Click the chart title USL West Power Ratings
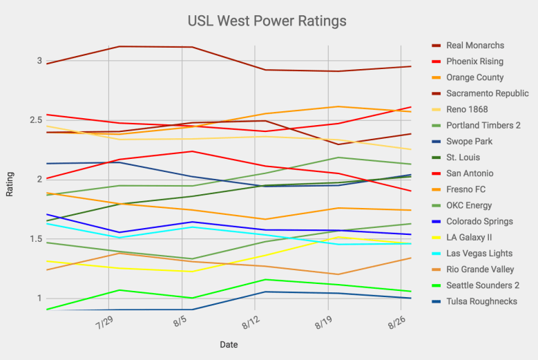point(267,21)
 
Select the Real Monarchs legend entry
point(475,46)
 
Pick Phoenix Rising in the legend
point(474,61)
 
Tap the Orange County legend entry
point(474,77)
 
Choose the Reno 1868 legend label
point(467,109)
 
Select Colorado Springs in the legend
point(479,222)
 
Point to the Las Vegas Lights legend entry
point(480,254)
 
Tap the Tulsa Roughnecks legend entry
point(481,301)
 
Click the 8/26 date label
point(398,323)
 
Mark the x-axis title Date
point(229,344)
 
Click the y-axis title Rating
point(10,184)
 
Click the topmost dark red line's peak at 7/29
point(121,46)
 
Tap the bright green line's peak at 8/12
point(265,279)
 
